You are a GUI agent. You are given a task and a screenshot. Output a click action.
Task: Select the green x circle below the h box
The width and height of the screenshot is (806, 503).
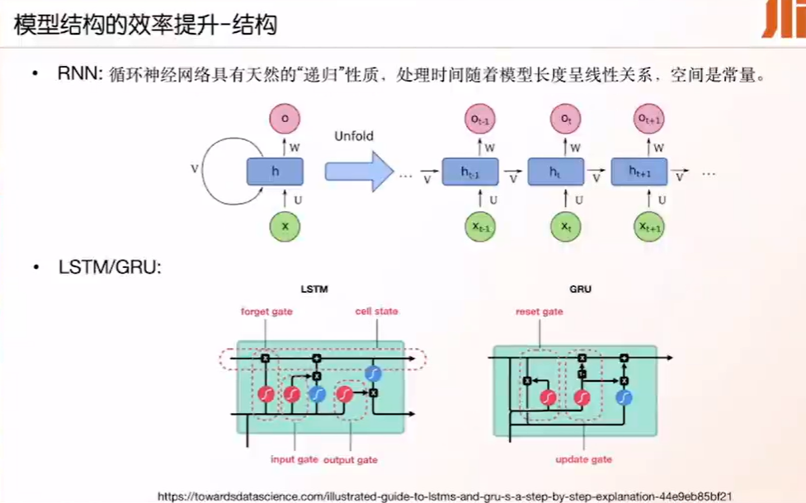[x=285, y=225]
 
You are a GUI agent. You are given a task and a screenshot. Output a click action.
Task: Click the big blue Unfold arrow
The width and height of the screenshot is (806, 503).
[x=356, y=171]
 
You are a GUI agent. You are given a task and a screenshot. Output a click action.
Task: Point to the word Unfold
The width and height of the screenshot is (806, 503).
[x=352, y=135]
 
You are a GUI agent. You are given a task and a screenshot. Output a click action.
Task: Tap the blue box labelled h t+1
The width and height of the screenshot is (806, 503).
[x=639, y=172]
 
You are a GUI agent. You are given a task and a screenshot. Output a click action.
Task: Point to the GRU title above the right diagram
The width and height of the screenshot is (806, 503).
[x=580, y=289]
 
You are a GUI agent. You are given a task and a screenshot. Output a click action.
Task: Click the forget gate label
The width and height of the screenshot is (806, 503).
[x=266, y=312]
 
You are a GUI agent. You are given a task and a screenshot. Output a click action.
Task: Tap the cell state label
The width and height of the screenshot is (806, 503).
[x=376, y=311]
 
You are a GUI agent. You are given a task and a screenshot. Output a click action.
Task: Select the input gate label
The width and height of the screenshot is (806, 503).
[x=294, y=458]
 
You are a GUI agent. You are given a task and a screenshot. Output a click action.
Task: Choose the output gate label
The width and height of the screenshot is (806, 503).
[x=351, y=458]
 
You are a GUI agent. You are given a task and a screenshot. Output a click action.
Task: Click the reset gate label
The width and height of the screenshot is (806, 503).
[x=540, y=312]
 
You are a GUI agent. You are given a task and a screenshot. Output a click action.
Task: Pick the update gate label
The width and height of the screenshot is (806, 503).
[x=585, y=458]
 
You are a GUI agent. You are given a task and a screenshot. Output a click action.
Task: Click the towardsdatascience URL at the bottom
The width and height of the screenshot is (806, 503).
[x=445, y=496]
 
